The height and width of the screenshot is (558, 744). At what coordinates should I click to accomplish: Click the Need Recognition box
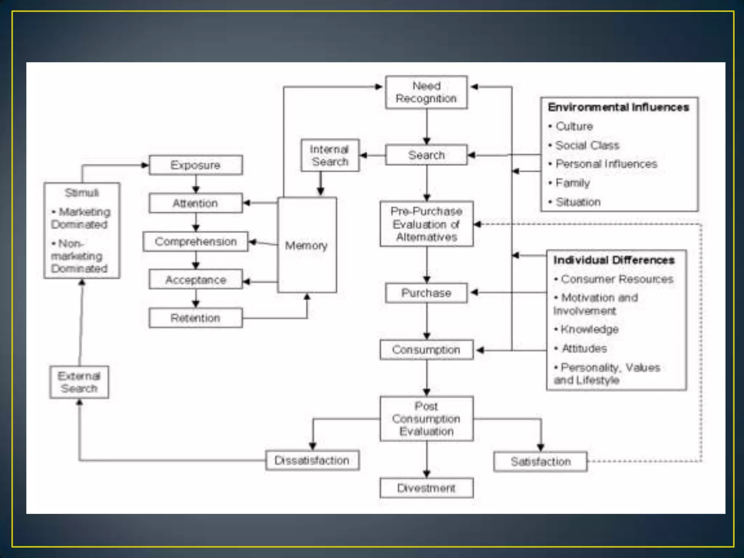coord(426,92)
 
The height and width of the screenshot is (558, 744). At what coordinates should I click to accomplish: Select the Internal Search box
coord(330,155)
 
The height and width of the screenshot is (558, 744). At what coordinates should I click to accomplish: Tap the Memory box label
coord(306,246)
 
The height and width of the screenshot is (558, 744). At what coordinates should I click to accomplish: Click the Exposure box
coord(195,165)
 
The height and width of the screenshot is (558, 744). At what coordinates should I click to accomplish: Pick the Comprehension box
coord(195,242)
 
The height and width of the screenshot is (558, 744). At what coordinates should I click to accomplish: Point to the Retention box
coord(195,318)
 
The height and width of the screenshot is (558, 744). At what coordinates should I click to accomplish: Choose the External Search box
coord(79,382)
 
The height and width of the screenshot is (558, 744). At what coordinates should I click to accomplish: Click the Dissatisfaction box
coord(312,461)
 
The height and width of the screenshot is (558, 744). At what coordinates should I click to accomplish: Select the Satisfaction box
coord(540,462)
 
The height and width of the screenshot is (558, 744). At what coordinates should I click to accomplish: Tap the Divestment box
coord(426,488)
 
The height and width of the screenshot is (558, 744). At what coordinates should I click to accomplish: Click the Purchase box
coord(426,293)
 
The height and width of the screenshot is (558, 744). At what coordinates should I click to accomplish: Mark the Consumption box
coord(426,350)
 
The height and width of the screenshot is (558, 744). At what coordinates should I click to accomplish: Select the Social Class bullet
coord(587,145)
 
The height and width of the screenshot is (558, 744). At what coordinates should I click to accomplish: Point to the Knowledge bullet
coord(589,329)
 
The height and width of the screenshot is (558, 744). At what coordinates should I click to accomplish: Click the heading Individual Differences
coord(614,260)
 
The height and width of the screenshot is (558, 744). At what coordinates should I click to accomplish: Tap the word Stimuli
coord(82,193)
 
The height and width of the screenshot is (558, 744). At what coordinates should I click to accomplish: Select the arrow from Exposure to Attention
coord(196,184)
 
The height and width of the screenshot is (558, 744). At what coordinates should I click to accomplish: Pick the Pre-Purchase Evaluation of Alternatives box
coord(426,224)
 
